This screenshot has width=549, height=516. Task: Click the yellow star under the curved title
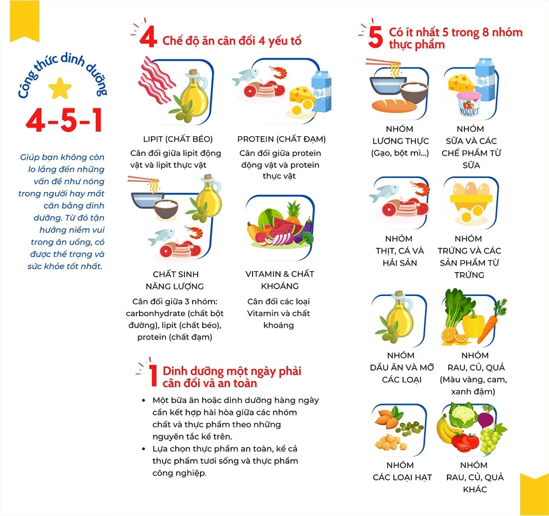click(60, 88)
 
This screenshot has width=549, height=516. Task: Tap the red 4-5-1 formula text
click(64, 120)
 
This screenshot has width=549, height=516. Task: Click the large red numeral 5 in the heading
click(376, 37)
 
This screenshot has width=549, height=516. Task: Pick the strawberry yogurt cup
click(469, 104)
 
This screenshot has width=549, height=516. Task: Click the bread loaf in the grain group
click(394, 105)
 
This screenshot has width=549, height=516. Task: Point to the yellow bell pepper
click(473, 324)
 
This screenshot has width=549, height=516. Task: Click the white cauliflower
click(463, 415)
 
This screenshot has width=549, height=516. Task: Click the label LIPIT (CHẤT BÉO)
click(178, 139)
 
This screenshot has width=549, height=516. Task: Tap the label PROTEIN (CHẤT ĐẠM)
click(282, 139)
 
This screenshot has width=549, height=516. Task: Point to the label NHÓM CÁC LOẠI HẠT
click(402, 471)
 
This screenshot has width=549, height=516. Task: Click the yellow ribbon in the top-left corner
click(25, 21)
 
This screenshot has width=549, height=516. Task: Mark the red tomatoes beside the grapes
click(465, 442)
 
